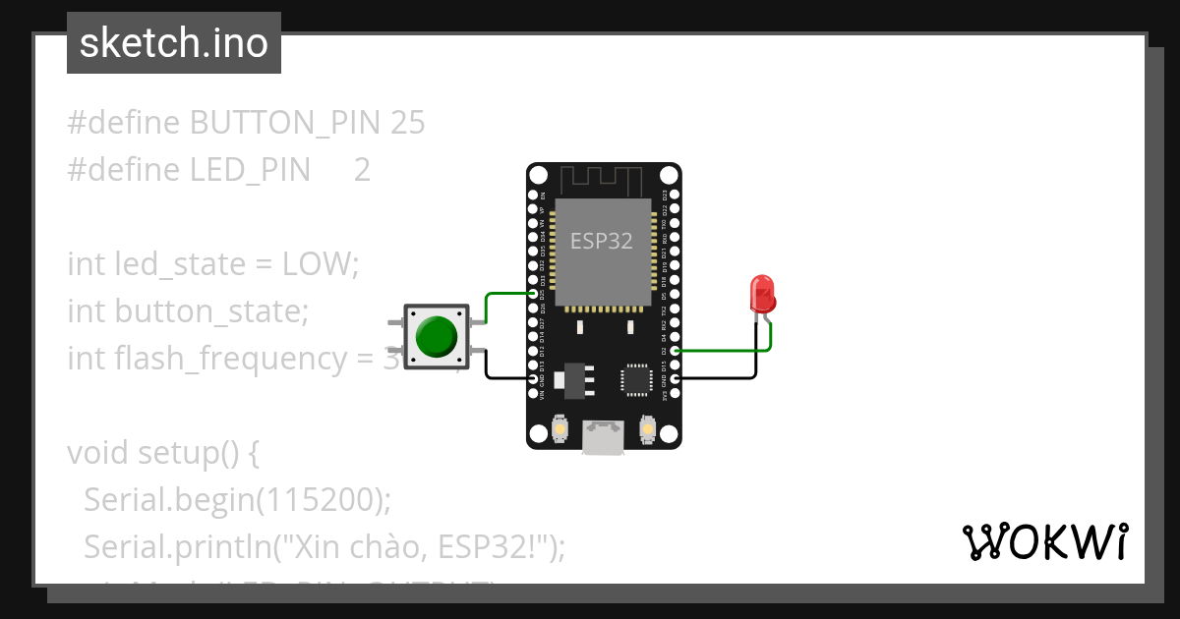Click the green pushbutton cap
pos(437,336)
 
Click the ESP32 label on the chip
pos(602,241)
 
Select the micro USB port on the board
pos(602,437)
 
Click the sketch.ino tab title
pos(174,43)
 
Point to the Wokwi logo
pos(1044,541)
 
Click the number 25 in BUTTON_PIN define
pos(407,123)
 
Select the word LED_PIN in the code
pos(250,170)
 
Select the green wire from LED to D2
pos(718,349)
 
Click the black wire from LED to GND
pos(718,377)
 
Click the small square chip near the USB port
pos(635,379)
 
